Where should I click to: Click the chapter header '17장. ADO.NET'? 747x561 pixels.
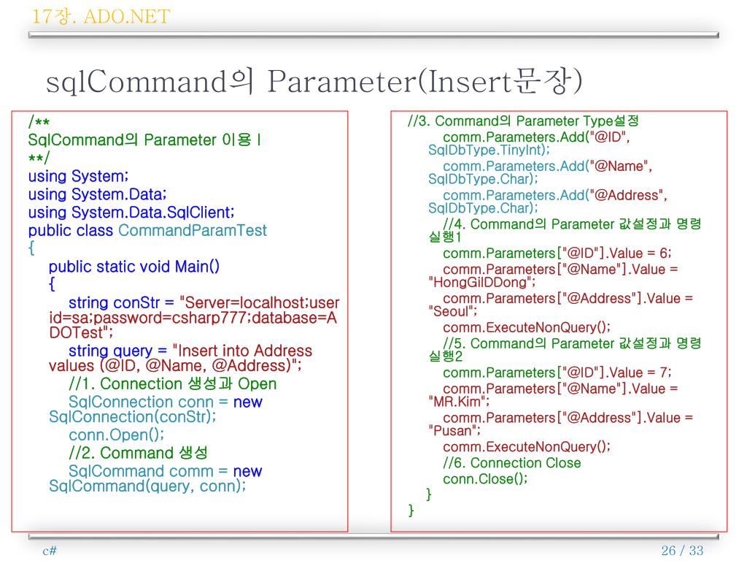tap(101, 16)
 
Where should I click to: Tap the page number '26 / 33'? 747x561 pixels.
tap(681, 551)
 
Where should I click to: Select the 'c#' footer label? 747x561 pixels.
tap(50, 551)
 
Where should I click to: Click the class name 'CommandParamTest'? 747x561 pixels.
tap(193, 231)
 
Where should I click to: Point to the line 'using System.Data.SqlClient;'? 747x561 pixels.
tap(131, 213)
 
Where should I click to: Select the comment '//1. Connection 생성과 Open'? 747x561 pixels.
tap(172, 383)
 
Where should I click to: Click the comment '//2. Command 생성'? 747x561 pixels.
tap(138, 453)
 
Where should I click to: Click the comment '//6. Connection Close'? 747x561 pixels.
tap(511, 463)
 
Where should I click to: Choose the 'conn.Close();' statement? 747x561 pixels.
tap(484, 478)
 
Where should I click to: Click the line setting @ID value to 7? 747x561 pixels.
tap(557, 373)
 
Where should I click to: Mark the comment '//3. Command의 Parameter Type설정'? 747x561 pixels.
tap(523, 121)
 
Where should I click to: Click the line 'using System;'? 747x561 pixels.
tap(78, 177)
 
